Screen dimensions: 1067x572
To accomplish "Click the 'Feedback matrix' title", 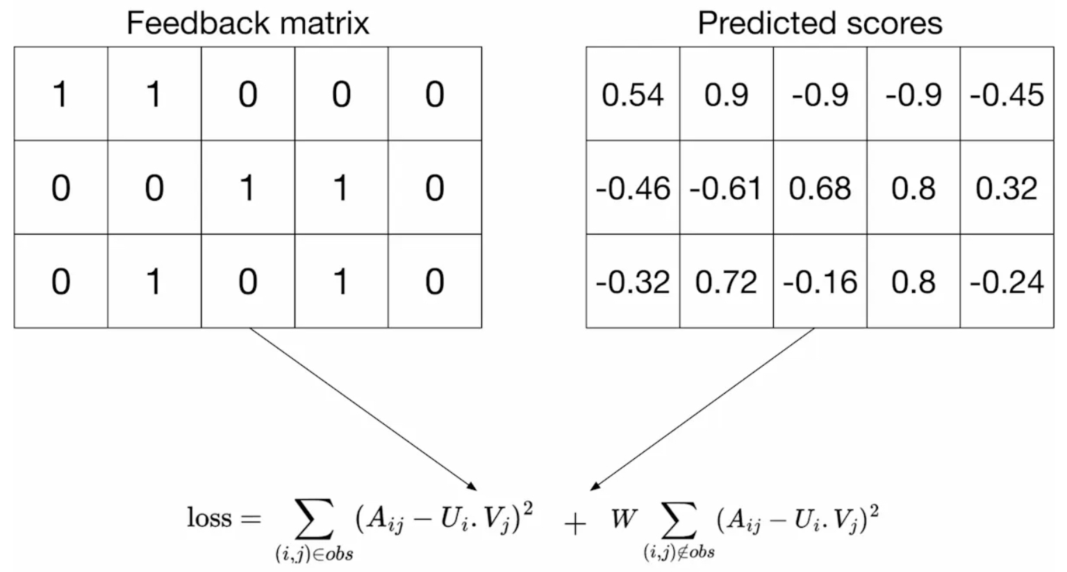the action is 248,23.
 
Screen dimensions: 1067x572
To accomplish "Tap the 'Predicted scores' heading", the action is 820,23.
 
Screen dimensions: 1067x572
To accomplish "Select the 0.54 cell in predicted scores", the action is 633,94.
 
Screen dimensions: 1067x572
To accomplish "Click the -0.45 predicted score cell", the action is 1007,94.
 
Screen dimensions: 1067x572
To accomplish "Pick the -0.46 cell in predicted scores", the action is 633,187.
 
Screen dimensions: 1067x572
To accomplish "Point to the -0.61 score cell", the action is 727,187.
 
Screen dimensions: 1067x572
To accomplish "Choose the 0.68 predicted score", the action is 820,187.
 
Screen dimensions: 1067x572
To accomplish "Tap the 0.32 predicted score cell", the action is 1007,187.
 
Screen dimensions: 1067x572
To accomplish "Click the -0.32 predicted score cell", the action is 633,281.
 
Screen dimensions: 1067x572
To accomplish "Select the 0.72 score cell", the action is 727,281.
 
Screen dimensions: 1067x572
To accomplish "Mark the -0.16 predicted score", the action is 820,281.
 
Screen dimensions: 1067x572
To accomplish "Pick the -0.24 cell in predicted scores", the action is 1007,281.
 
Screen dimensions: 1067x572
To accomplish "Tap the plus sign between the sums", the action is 575,524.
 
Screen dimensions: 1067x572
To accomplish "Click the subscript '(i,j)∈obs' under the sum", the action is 315,554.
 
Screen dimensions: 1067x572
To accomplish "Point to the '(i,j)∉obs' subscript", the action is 679,552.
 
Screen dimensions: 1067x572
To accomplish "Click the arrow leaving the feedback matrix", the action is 363,410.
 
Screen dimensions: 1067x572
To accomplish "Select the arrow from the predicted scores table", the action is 702,410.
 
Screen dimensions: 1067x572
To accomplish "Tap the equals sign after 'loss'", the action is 251,519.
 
